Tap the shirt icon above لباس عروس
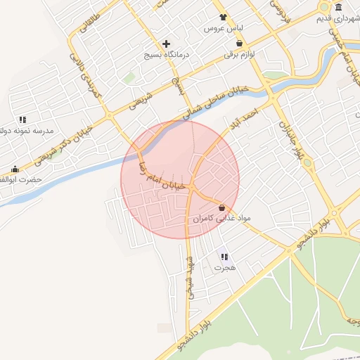tap(223, 18)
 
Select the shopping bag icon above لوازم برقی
tap(240, 43)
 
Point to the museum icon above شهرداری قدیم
tap(340, 7)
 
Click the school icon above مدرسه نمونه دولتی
tap(22, 120)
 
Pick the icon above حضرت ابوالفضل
tap(15, 169)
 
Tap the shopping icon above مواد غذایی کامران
tap(222, 208)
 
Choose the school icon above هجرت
tap(224, 257)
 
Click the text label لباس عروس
tap(218, 29)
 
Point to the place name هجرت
tap(225, 269)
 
